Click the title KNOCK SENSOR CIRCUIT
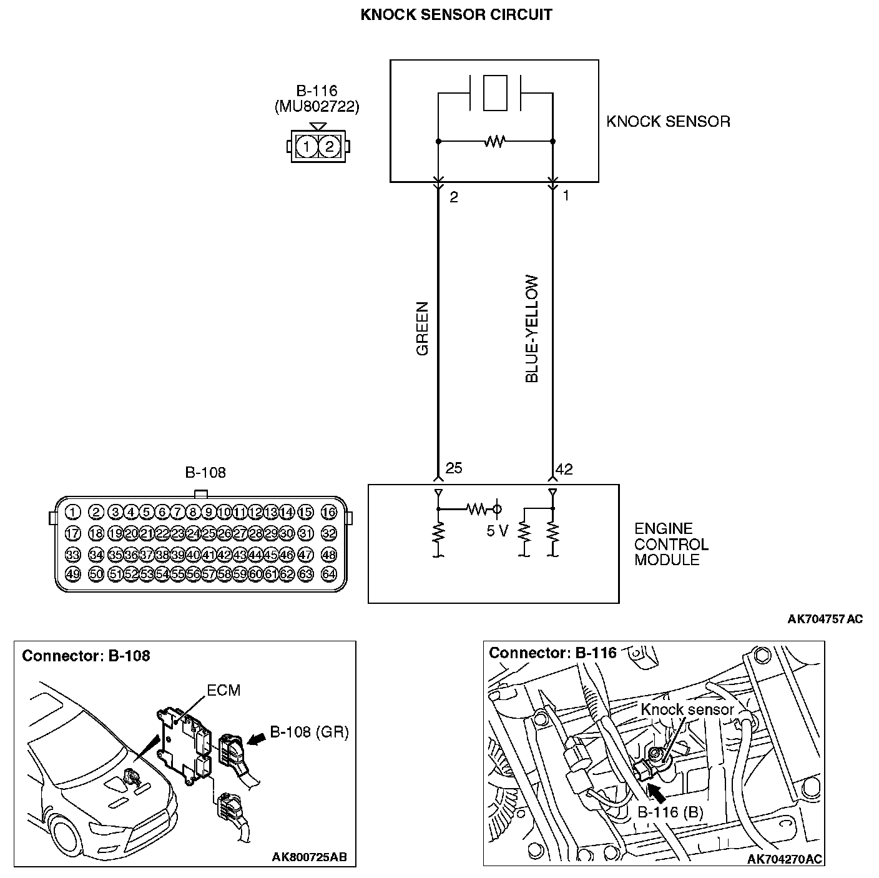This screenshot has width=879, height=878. coord(456,15)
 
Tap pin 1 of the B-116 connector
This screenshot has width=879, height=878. coord(307,147)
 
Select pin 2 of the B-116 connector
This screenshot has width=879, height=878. coord(329,147)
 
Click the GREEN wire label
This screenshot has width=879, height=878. coord(423,329)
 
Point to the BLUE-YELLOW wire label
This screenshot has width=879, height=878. coord(532,329)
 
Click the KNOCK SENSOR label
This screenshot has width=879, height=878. coord(668,121)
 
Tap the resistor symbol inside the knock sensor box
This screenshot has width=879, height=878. coord(494,142)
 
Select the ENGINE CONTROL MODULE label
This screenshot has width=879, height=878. coord(671,545)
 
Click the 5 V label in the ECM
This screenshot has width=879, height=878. coord(497,531)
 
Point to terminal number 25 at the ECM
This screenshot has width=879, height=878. coord(454,468)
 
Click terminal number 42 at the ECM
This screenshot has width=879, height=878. coord(564,469)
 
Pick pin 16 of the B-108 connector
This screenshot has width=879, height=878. coord(329,513)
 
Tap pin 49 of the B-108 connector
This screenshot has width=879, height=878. coord(73,574)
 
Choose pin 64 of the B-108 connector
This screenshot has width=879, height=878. coord(329,574)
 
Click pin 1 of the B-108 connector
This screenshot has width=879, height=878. coord(73,513)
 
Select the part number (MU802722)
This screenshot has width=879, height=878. coord(317,107)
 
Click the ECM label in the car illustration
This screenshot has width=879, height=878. coord(223,690)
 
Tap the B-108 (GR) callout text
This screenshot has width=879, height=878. coord(309,732)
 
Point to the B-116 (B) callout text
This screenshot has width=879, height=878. coord(670,812)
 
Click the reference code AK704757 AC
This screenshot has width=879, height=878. coord(825,619)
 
